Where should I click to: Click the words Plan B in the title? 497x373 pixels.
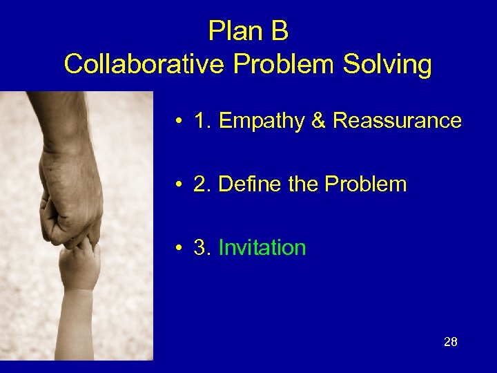(x=248, y=32)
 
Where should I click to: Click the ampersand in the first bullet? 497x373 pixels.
(x=318, y=121)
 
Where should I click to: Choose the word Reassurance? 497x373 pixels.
(x=397, y=121)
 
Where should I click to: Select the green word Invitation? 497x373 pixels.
(x=262, y=248)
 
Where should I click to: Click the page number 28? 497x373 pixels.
(x=451, y=342)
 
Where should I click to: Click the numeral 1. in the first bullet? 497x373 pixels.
(x=202, y=121)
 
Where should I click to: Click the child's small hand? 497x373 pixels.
(x=79, y=262)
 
